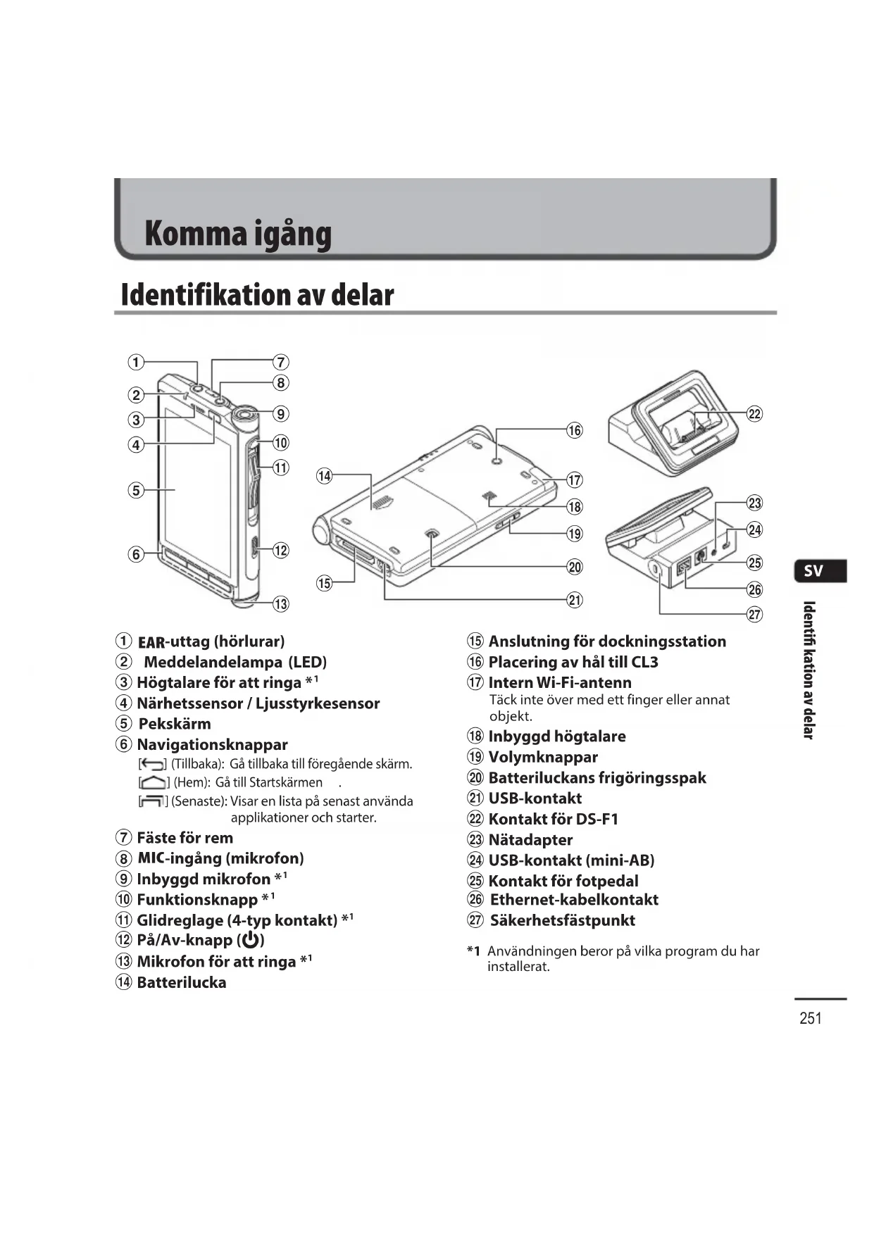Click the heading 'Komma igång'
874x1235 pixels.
coord(237,234)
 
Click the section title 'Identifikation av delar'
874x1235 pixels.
coord(257,294)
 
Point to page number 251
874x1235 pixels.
coord(811,1018)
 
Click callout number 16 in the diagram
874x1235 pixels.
coord(575,430)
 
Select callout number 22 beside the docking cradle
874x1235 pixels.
coord(754,414)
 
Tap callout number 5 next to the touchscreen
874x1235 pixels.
coord(136,490)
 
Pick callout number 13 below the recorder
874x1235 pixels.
coord(280,603)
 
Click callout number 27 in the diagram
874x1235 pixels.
coord(754,614)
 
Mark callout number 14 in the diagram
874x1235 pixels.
coord(324,476)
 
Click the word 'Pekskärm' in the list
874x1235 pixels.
coord(174,724)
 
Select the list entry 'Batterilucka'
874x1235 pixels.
coord(181,982)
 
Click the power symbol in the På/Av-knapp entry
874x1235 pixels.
coord(250,941)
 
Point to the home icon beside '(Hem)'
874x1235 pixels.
coord(154,783)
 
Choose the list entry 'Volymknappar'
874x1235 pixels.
coord(542,757)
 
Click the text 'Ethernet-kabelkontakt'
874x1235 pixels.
coord(574,900)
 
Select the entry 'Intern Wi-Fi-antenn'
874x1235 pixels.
coord(559,682)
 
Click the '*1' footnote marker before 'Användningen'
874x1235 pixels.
coord(473,951)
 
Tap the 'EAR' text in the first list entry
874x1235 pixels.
coord(151,642)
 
